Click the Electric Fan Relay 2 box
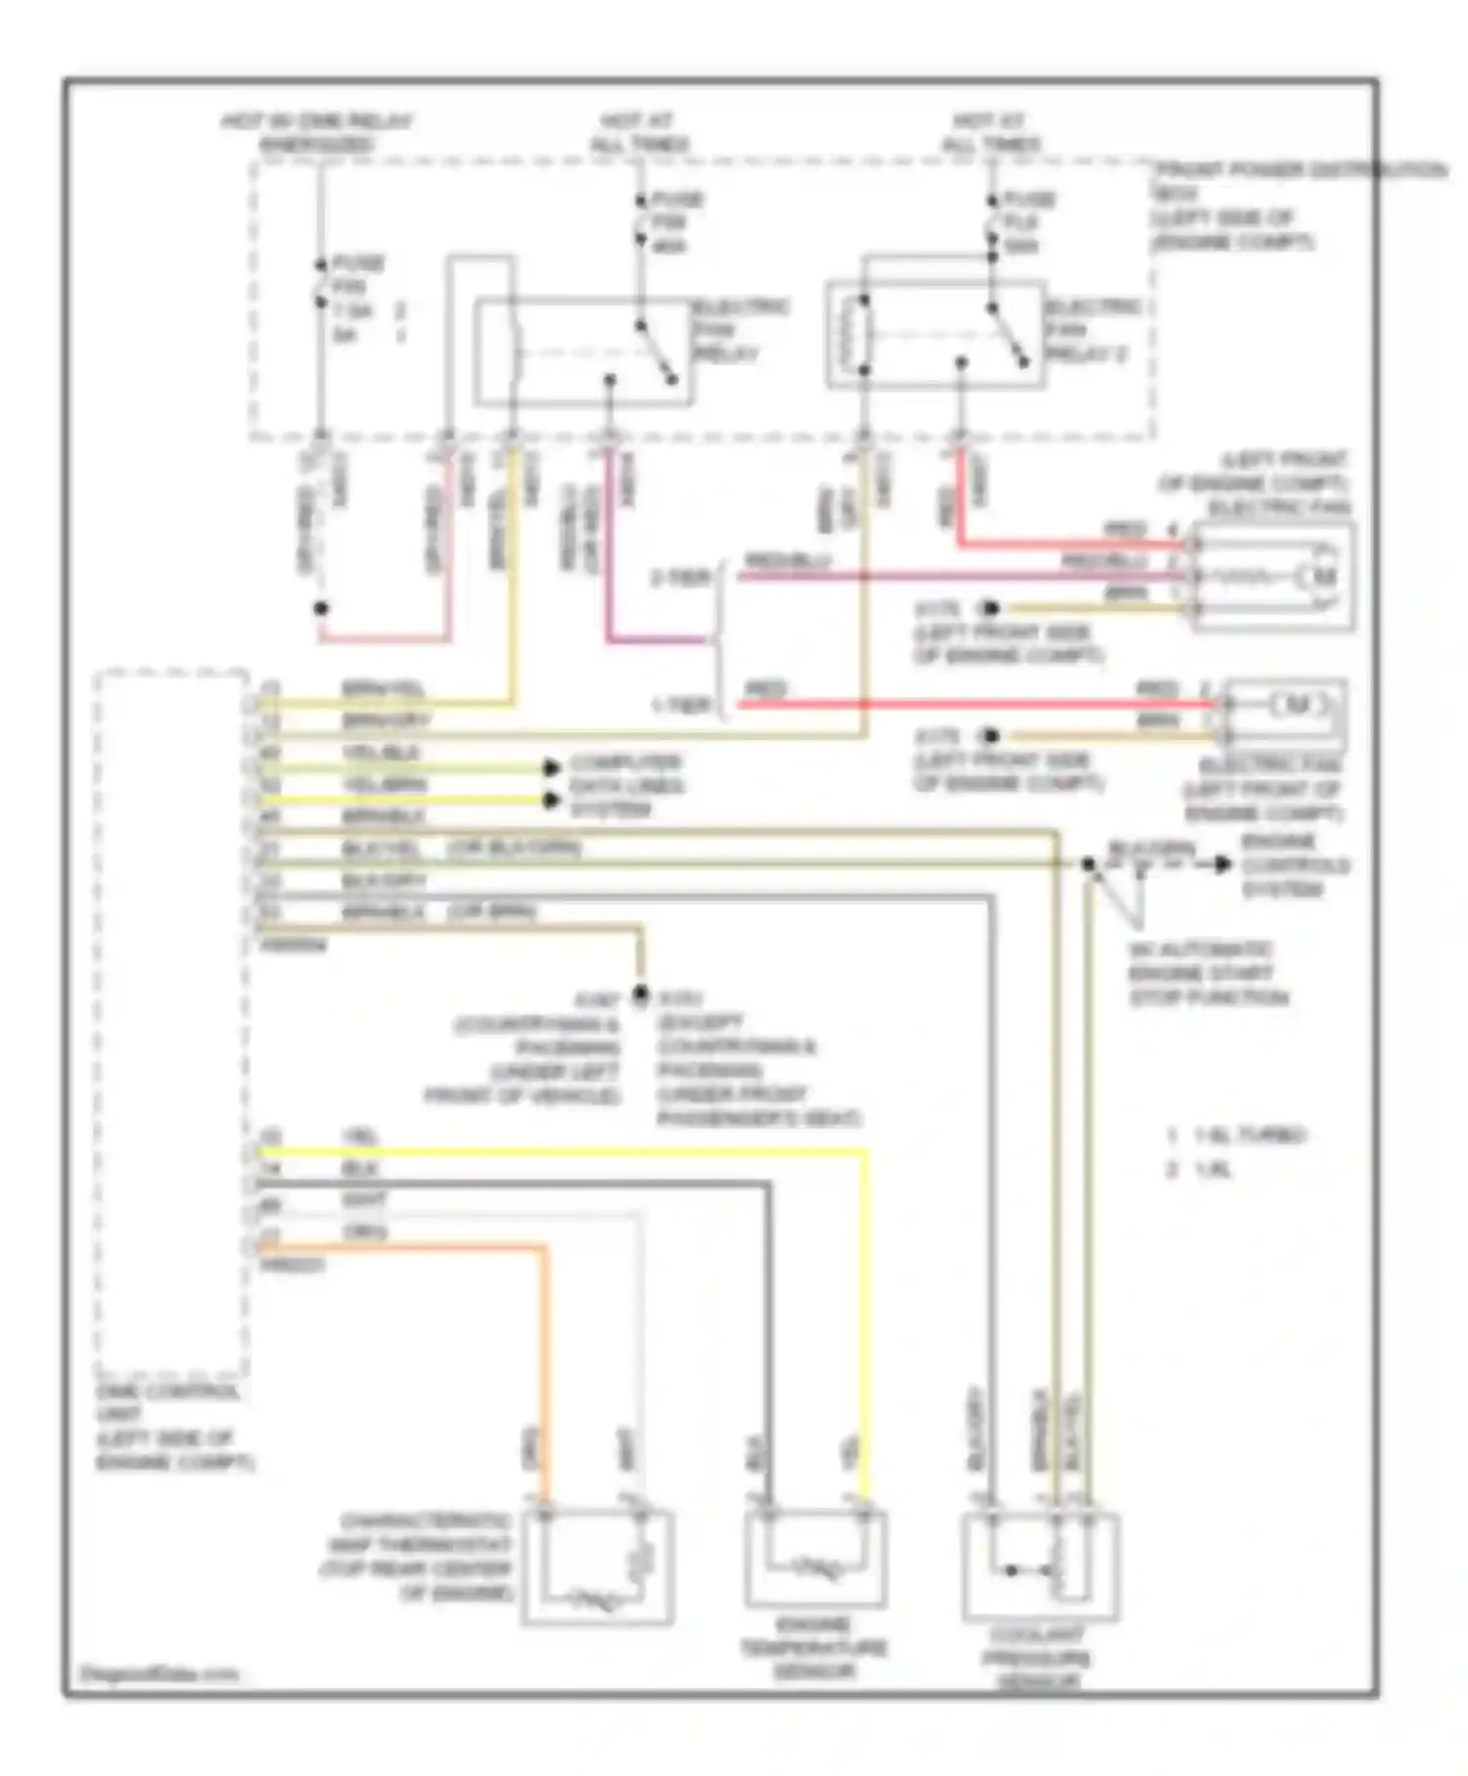click(x=936, y=336)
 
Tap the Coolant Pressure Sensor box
click(x=1040, y=1566)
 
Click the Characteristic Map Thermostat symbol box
click(x=597, y=1567)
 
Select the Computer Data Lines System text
click(x=626, y=785)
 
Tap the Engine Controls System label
click(x=1295, y=865)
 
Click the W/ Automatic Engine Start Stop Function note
click(x=1208, y=973)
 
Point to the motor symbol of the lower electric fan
click(x=1297, y=704)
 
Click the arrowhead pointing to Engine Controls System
click(x=1222, y=864)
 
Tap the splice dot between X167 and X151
click(x=640, y=995)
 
